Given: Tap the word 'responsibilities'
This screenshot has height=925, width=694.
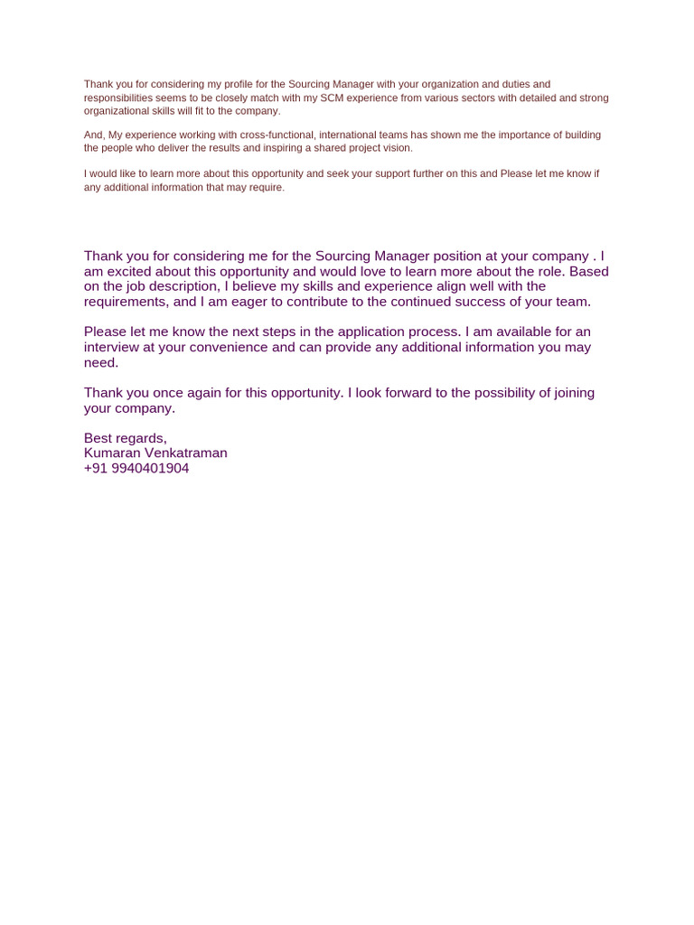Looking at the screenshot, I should tap(119, 98).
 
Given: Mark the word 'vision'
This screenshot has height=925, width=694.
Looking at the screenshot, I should tap(396, 148).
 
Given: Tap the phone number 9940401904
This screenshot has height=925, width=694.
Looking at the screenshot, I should tap(151, 469).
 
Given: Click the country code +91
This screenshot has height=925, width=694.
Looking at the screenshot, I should tap(96, 469).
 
